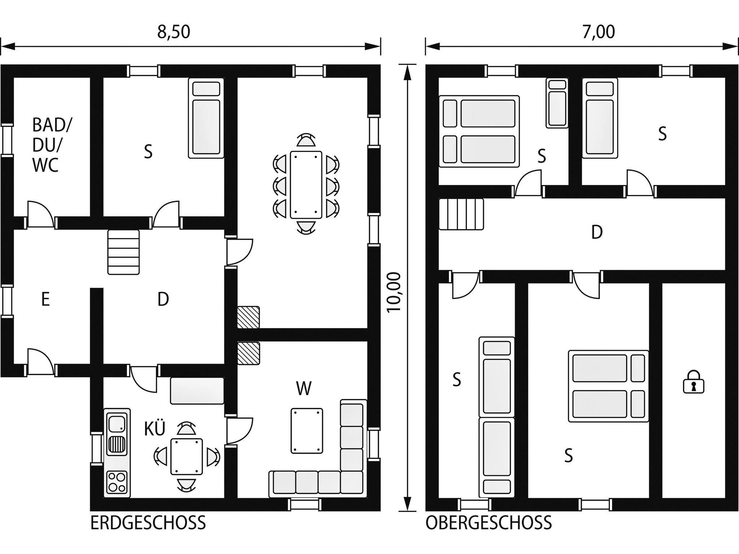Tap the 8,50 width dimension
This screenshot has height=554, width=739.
tap(174, 32)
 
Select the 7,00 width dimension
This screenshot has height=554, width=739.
tap(598, 32)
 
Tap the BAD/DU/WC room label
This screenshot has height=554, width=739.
tap(52, 145)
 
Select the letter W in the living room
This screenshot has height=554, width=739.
tap(304, 388)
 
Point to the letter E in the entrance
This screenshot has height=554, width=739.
tap(45, 299)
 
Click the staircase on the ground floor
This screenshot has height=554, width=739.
tap(123, 252)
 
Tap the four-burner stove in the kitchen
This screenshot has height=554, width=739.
tap(117, 482)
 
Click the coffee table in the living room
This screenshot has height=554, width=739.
tap(307, 431)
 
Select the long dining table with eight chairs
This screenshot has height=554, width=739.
tap(306, 185)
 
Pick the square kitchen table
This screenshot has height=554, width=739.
tap(187, 456)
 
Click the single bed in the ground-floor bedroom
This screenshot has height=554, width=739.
tap(206, 118)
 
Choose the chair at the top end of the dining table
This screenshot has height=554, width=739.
tap(306, 140)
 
